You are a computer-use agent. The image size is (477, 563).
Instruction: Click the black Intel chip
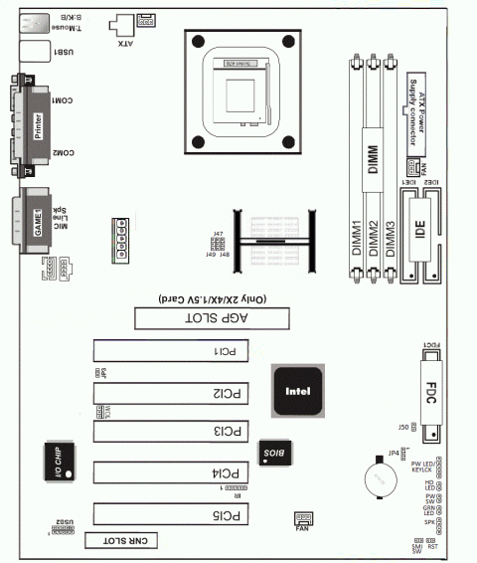coord(295,391)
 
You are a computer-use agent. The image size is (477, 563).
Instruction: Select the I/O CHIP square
coord(57,464)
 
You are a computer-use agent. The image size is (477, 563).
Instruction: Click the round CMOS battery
coord(378,477)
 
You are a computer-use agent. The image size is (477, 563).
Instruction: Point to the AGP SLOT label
coord(211,317)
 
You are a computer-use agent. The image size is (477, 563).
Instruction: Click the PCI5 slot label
coord(229,514)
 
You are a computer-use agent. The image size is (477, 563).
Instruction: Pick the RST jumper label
coord(432,546)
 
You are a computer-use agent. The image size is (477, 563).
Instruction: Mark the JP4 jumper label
coord(394,452)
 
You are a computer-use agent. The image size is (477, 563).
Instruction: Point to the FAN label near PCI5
coord(302,529)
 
